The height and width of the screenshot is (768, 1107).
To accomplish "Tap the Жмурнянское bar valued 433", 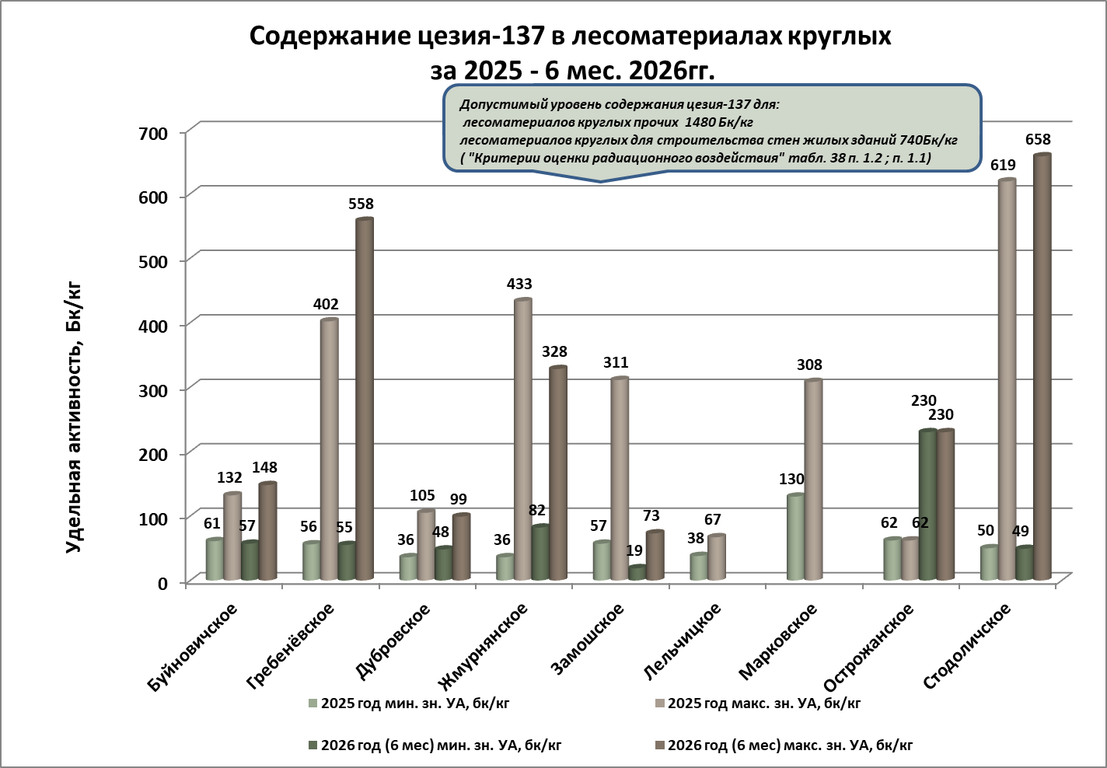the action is coord(523,439).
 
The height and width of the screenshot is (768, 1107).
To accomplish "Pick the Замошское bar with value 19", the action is coord(637,573).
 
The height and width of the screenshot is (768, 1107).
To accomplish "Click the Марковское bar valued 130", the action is coord(796,537).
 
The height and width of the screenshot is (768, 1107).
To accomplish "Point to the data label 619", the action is coord(1003,165).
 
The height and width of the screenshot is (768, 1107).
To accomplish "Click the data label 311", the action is coord(616,362).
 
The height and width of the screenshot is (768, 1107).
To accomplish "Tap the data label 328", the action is coord(554,351).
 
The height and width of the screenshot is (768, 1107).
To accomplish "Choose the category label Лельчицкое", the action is coord(683,641).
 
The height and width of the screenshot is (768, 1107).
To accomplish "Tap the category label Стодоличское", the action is coord(966,646).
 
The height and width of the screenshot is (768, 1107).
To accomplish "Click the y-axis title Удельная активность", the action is coord(73,417).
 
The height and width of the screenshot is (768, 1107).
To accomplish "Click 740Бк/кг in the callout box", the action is coord(929,140).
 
